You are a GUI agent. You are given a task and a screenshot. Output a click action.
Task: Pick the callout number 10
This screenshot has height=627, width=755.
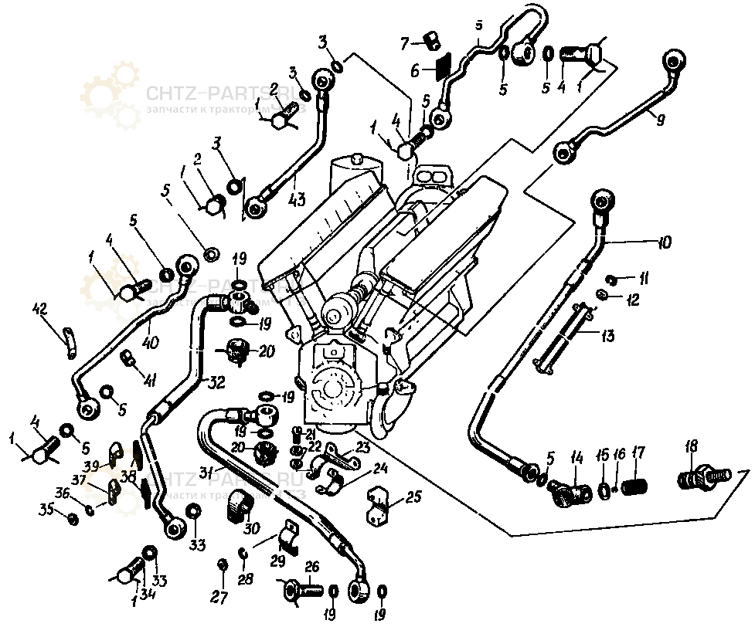[x=663, y=242]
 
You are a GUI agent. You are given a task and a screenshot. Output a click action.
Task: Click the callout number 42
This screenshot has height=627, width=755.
[x=40, y=310]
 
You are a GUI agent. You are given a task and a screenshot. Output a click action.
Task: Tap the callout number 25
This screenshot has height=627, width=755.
[x=413, y=498]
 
